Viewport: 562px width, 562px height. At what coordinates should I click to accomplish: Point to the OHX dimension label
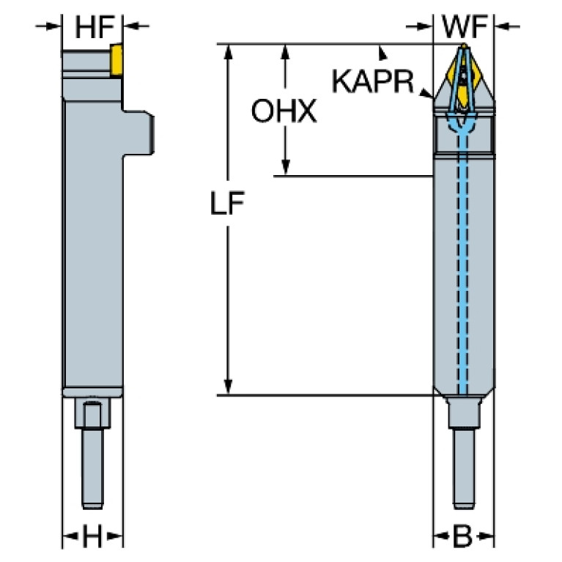click(x=284, y=111)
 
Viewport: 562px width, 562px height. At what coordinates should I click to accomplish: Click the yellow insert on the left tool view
click(x=116, y=60)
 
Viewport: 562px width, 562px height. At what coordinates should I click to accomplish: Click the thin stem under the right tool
click(x=463, y=469)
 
